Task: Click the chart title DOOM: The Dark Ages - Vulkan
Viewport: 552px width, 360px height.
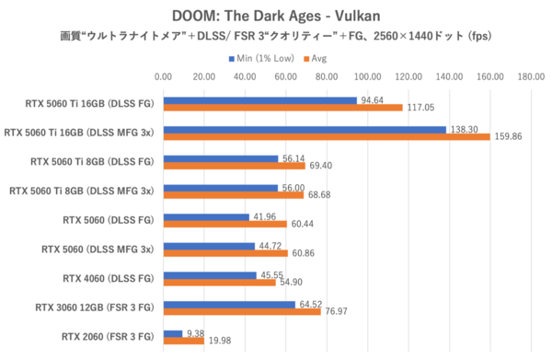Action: point(275,16)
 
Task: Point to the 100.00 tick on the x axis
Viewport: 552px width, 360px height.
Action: point(367,76)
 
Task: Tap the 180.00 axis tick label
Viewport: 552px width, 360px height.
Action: point(531,76)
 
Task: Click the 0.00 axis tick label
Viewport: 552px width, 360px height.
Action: point(163,76)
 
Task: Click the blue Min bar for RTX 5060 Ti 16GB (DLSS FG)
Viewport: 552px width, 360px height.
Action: point(259,100)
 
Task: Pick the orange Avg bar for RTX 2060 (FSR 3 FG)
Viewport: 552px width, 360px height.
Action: point(183,341)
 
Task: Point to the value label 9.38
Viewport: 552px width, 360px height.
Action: point(195,333)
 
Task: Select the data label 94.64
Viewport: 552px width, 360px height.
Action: point(373,99)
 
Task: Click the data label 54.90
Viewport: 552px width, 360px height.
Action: point(292,282)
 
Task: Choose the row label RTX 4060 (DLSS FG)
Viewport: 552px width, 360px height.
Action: point(107,277)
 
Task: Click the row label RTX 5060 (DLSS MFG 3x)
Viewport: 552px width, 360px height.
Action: point(98,249)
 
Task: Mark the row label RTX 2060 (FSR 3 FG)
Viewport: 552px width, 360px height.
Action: point(107,336)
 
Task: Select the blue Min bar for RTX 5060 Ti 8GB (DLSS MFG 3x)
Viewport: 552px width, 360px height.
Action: point(220,188)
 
